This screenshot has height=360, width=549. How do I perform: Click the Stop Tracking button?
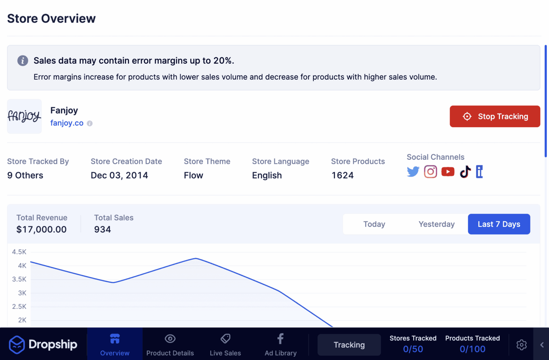click(x=495, y=116)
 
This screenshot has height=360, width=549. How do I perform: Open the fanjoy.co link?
click(x=67, y=123)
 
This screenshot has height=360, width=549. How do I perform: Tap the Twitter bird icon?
click(x=413, y=172)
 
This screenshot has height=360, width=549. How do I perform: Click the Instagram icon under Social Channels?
click(x=430, y=172)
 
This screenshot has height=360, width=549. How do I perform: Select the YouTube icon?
click(x=448, y=172)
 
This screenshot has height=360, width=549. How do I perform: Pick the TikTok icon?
click(x=465, y=172)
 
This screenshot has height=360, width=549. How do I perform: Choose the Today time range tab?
click(x=374, y=224)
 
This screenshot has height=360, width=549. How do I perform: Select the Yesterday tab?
click(x=436, y=224)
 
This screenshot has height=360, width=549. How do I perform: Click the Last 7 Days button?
click(x=499, y=224)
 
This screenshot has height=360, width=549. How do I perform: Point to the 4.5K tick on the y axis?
click(x=19, y=252)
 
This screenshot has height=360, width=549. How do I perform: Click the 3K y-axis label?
click(x=22, y=293)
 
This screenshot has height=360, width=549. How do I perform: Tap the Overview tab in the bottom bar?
click(x=115, y=344)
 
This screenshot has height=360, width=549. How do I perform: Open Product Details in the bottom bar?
click(x=170, y=344)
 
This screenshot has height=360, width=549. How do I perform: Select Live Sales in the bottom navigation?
click(x=225, y=344)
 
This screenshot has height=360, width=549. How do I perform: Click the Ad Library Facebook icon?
click(x=281, y=339)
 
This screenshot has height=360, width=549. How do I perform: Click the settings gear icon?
click(x=521, y=345)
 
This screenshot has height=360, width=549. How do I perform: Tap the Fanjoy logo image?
click(x=24, y=116)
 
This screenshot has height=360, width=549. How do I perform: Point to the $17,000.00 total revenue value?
click(x=41, y=230)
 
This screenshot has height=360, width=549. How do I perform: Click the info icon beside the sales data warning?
click(x=23, y=61)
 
